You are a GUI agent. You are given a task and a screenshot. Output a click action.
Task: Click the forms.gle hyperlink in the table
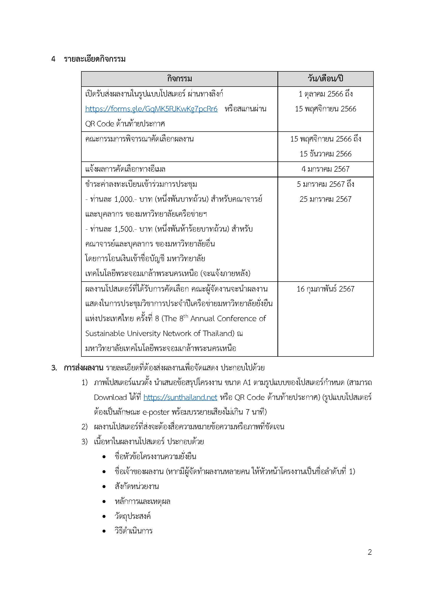pos(151,109)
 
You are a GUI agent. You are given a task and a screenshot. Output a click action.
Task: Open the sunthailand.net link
pos(180,397)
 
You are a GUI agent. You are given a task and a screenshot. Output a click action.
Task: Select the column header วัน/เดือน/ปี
pos(325,79)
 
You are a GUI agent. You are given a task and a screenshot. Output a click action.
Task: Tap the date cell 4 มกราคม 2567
pos(325,169)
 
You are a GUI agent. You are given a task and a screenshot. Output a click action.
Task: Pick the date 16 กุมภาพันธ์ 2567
pos(325,289)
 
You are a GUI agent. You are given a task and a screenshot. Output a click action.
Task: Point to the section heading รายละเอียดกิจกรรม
pos(95,59)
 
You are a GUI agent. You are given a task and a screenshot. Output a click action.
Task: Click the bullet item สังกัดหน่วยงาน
pos(136,486)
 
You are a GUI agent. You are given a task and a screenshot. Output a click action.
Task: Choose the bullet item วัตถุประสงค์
pos(133,516)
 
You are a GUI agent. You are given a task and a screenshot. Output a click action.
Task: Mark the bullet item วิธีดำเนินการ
pos(133,531)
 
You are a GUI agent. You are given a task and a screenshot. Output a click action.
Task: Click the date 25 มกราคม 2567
pos(325,199)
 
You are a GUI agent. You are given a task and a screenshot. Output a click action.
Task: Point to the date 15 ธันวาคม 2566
pos(325,154)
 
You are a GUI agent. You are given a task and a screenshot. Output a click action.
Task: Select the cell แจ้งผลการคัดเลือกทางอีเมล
pos(125,169)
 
